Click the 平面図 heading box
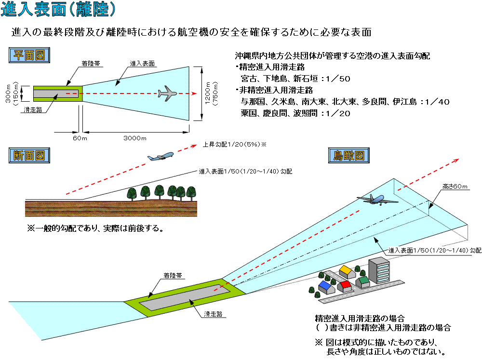point(29,55)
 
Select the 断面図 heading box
point(29,156)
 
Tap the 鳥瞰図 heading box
point(349,156)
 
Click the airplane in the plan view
point(167,93)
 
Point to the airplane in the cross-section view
point(161,157)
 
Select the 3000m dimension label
point(135,138)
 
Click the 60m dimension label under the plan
point(80,138)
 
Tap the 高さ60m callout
point(455,187)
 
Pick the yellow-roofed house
point(346,271)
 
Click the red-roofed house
point(345,286)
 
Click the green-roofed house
point(363,281)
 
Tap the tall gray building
point(379,270)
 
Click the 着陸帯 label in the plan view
point(91,64)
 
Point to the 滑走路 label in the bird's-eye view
point(213,314)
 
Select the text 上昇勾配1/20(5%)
point(231,144)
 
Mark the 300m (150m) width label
point(12,93)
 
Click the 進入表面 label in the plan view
point(142,64)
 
